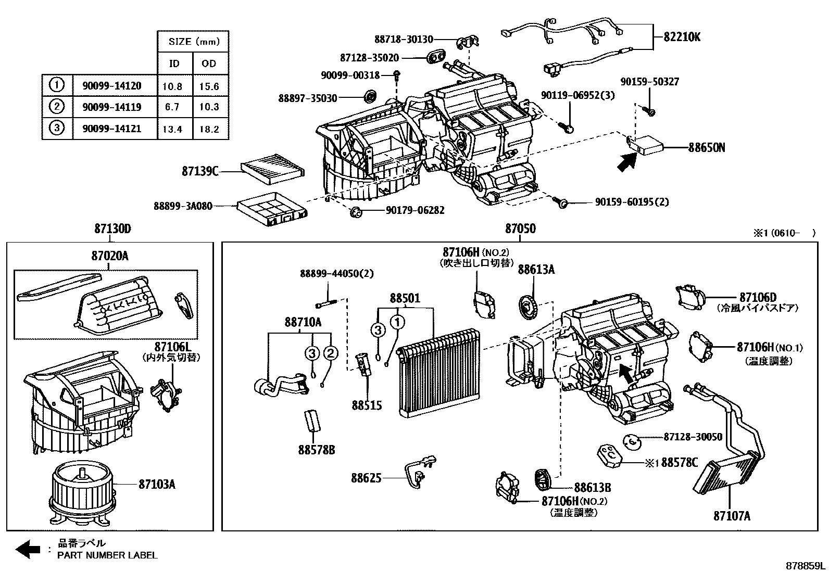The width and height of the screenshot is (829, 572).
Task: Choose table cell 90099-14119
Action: point(111,107)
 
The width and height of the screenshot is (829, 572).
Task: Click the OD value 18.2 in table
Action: point(209,129)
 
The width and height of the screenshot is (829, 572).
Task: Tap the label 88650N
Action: point(706,148)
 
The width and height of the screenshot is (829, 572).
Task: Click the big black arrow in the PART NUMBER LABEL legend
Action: point(28,549)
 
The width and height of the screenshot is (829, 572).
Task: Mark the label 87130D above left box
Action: point(112,229)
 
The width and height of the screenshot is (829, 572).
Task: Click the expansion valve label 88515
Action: point(367,405)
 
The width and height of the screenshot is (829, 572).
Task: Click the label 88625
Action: point(366,478)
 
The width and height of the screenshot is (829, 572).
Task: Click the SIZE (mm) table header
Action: point(193,41)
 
